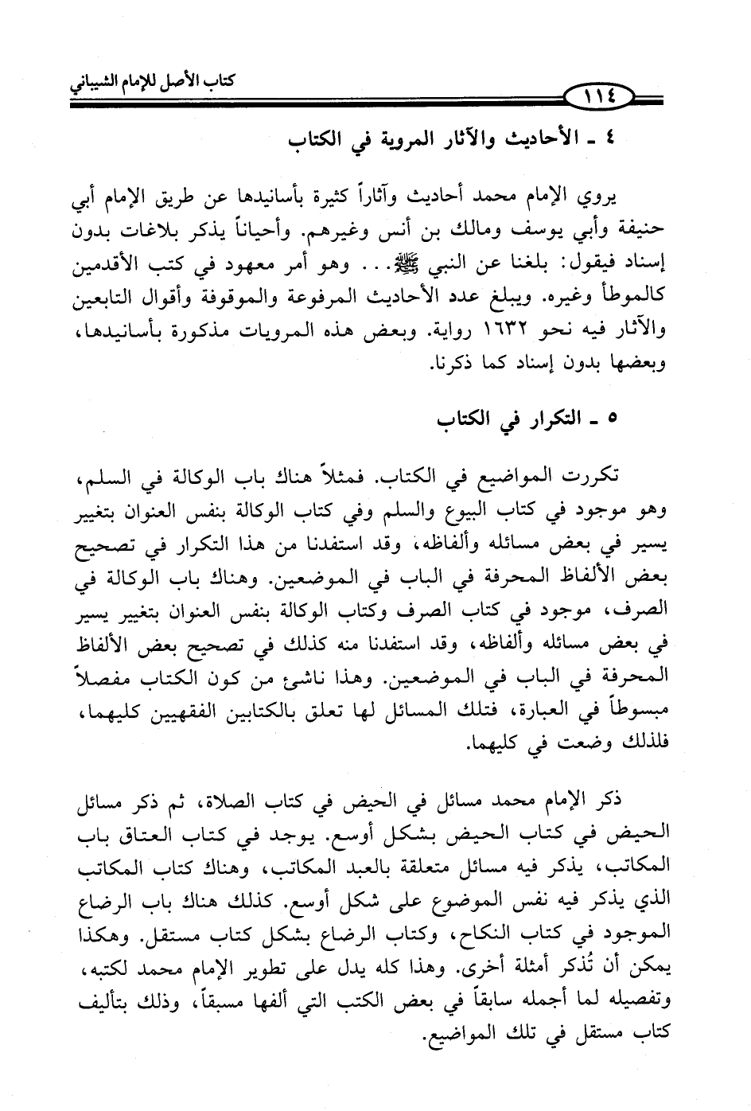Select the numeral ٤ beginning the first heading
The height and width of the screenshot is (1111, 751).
pyautogui.click(x=609, y=140)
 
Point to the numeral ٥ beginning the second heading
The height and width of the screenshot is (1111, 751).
pyautogui.click(x=611, y=419)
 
